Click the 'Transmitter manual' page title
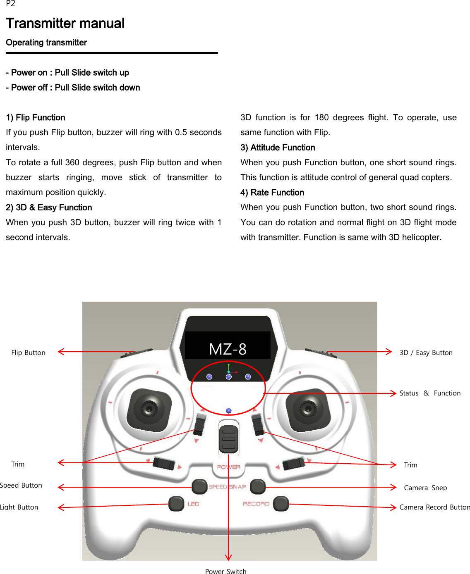65,24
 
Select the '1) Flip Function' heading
36,117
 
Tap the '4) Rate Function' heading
272,193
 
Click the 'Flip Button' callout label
28,352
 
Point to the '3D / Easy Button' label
426,352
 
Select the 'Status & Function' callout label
429,393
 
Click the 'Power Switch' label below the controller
225,571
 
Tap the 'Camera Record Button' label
434,507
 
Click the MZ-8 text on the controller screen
228,349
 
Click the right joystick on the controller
307,409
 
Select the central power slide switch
228,439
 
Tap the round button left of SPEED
199,486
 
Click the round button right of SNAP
258,486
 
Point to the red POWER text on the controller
228,467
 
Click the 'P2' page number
10,4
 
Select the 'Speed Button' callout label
21,485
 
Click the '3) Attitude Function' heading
278,148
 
